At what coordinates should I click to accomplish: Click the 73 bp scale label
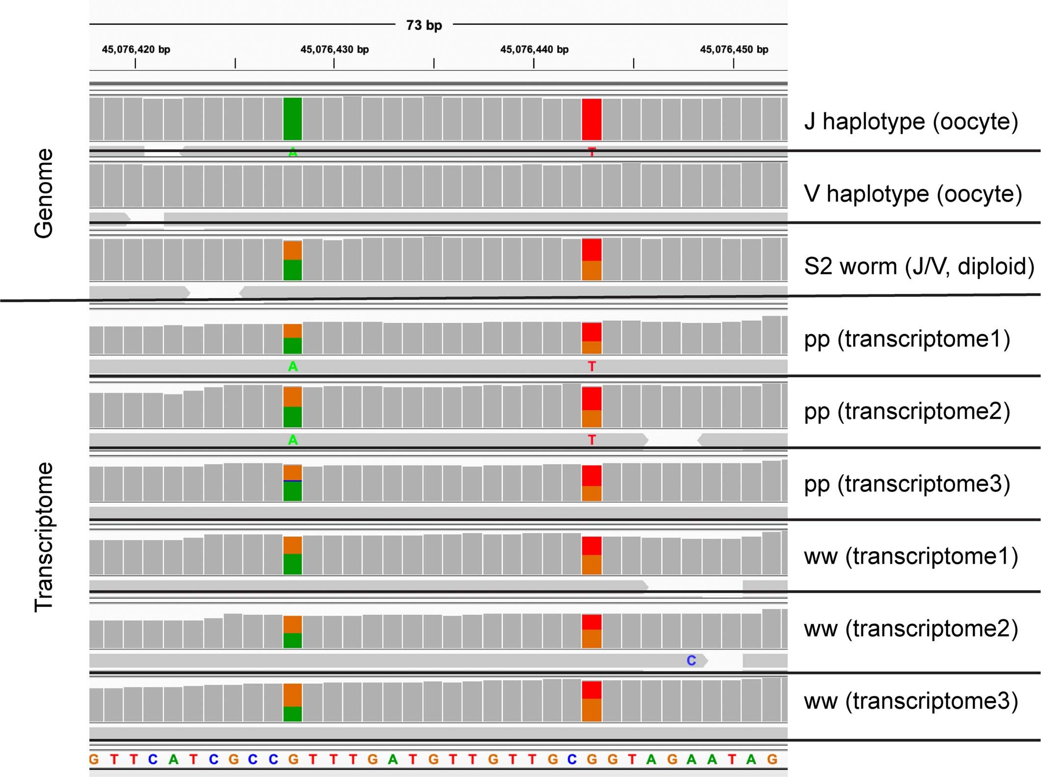coord(424,25)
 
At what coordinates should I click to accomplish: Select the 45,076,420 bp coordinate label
coord(136,50)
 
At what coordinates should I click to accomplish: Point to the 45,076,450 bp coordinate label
coord(734,50)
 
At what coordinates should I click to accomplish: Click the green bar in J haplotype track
coord(292,119)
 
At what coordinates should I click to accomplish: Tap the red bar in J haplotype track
coord(592,119)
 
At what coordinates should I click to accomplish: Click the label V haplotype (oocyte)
coord(913,194)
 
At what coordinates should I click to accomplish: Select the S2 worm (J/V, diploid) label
coord(919,267)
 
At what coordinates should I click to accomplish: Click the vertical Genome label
coord(44,193)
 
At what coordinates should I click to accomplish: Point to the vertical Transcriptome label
coord(44,537)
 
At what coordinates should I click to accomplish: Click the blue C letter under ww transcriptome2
coord(691,661)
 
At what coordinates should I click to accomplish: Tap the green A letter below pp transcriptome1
coord(293,367)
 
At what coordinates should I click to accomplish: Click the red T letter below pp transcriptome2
coord(592,440)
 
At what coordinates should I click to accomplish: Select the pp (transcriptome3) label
coord(907,484)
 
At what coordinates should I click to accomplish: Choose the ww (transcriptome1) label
coord(911,557)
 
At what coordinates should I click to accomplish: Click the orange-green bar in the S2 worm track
coord(292,260)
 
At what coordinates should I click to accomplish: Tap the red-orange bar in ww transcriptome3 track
coord(592,701)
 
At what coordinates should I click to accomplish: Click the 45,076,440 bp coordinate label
coord(534,50)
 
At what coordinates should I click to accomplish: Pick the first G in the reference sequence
coord(94,759)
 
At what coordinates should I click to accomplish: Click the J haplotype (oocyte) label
coord(911,121)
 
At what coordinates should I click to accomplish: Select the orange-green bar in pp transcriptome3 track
coord(292,483)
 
